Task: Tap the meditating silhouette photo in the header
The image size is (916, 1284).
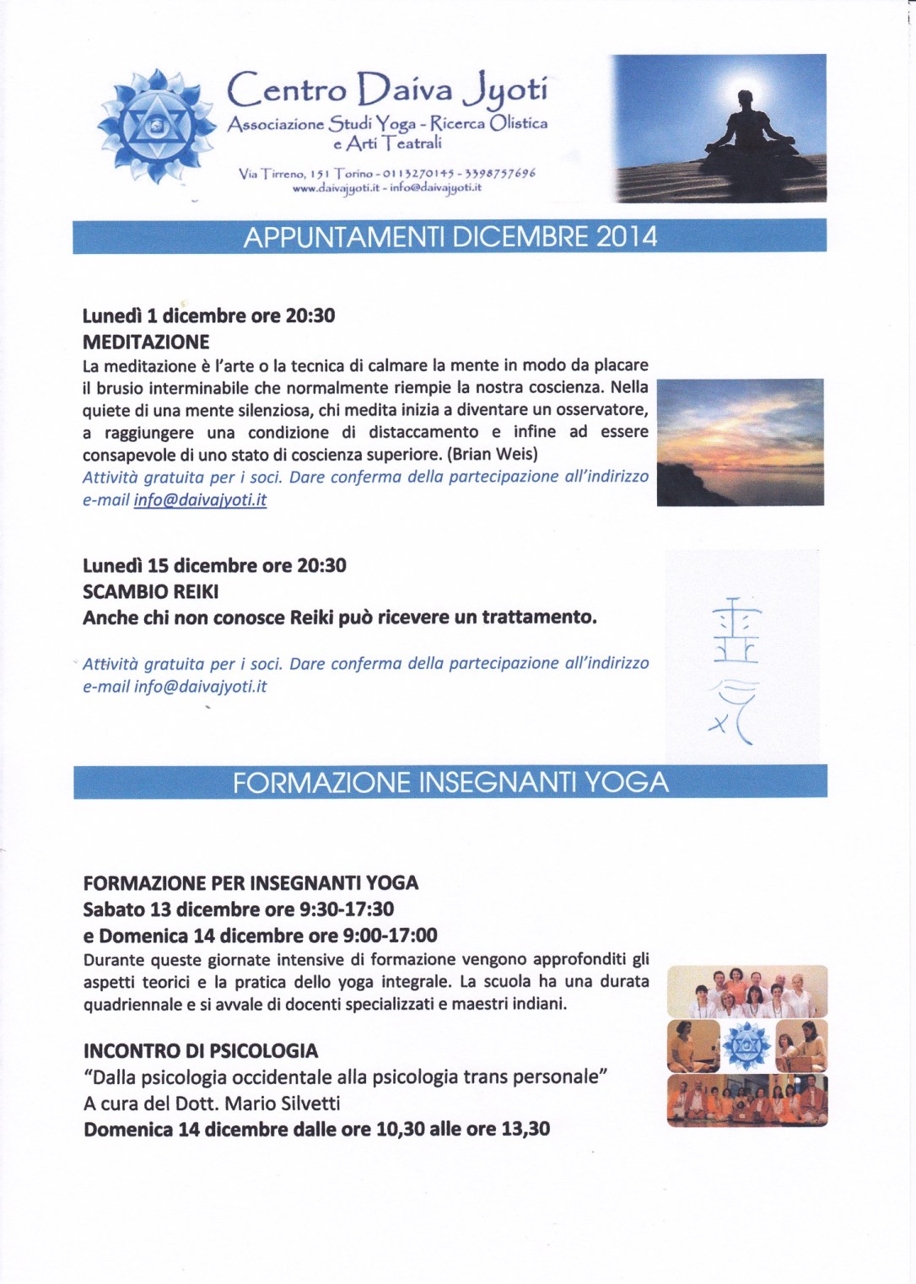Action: point(718,128)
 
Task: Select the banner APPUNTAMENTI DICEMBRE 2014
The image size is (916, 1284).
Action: point(450,236)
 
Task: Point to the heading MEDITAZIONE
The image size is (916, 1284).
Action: point(146,342)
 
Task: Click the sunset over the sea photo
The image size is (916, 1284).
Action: point(740,442)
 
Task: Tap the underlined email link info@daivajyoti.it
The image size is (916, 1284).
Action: point(200,499)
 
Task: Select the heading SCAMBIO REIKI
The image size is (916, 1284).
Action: point(150,591)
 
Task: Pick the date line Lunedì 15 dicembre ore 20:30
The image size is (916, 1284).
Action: point(214,565)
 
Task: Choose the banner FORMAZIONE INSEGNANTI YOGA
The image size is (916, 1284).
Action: point(450,782)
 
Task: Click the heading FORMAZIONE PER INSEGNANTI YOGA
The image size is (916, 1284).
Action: point(251,883)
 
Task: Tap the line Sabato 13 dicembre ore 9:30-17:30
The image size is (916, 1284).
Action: point(239,909)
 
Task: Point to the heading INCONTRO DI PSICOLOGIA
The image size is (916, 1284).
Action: point(201,1051)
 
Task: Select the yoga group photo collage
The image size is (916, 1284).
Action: point(746,1046)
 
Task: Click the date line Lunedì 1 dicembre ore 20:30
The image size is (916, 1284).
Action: point(208,316)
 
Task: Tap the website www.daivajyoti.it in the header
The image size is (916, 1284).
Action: point(335,188)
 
